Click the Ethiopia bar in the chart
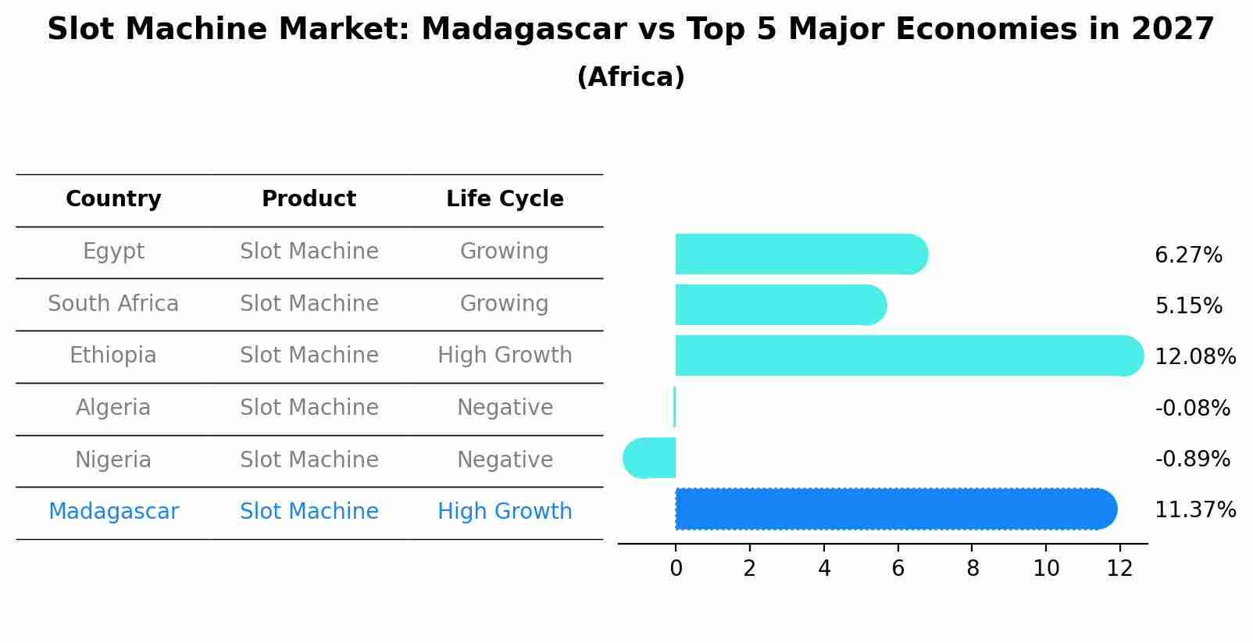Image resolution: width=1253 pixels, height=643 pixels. [x=906, y=355]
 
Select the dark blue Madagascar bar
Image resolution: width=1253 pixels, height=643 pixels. [x=894, y=509]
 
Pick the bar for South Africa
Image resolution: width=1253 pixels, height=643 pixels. [x=780, y=305]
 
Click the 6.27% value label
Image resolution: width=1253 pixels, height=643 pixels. [x=1188, y=255]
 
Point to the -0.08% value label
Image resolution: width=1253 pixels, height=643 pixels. [x=1192, y=408]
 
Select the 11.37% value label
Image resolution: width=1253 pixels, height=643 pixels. [x=1195, y=510]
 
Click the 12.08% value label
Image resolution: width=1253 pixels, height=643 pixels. [x=1195, y=357]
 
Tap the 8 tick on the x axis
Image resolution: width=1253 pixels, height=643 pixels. [x=973, y=569]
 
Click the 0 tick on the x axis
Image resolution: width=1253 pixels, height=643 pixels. [x=676, y=569]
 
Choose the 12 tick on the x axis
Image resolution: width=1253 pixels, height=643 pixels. [x=1119, y=569]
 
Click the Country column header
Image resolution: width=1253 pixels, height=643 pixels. [x=113, y=199]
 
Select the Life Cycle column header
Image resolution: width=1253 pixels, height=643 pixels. [x=505, y=199]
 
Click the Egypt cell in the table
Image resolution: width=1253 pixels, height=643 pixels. [x=113, y=252]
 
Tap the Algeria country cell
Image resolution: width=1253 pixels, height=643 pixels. [x=113, y=408]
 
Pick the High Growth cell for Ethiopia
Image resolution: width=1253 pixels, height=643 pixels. [x=505, y=355]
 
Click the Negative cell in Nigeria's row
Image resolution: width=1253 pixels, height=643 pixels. [x=505, y=459]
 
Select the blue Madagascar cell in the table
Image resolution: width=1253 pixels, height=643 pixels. [x=113, y=512]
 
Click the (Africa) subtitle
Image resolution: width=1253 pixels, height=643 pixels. [x=630, y=77]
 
